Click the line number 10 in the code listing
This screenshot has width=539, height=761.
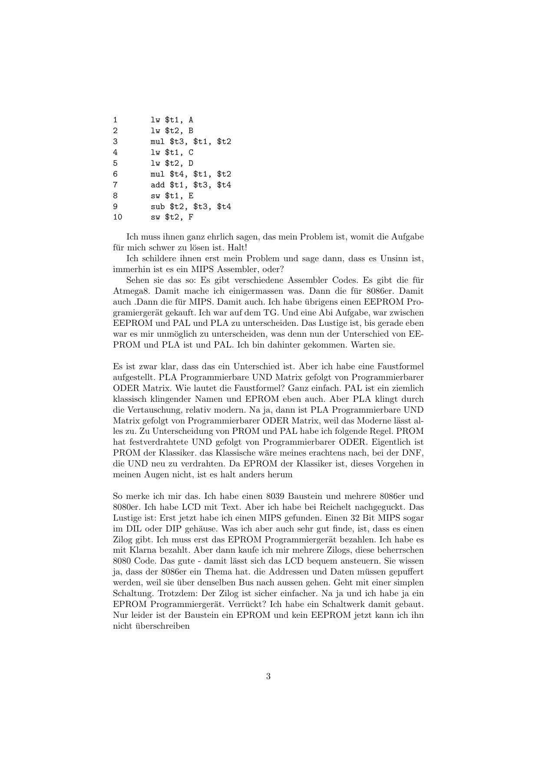pyautogui.click(x=117, y=217)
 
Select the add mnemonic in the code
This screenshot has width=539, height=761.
pyautogui.click(x=158, y=185)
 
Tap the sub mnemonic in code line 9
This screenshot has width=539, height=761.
pyautogui.click(x=158, y=207)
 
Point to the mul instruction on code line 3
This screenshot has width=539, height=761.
pyautogui.click(x=158, y=141)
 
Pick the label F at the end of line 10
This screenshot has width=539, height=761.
pyautogui.click(x=191, y=217)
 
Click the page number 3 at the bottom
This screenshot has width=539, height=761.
pyautogui.click(x=268, y=676)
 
